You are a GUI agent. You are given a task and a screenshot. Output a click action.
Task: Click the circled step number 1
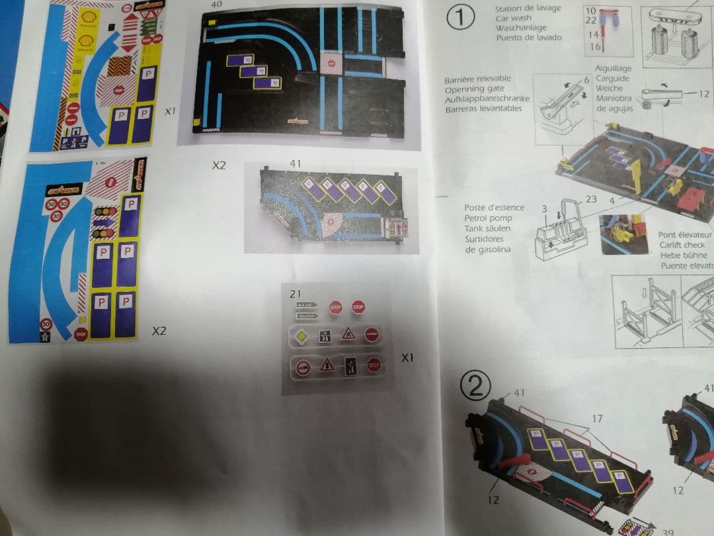460,19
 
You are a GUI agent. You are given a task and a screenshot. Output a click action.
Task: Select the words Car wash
512,19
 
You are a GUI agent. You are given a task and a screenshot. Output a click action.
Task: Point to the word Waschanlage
522,28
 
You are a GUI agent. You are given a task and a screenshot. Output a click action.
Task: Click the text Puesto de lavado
529,38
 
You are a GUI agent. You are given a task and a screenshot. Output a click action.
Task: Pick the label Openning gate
477,89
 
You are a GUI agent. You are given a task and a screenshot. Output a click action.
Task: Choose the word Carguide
612,78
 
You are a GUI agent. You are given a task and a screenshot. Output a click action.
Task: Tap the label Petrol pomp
488,218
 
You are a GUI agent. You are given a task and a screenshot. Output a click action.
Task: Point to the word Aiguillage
613,68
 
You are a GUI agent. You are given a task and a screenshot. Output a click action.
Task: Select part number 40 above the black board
217,4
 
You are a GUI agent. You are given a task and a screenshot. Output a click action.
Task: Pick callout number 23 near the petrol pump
591,199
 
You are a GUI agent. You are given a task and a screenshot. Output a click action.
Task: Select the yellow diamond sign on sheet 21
303,335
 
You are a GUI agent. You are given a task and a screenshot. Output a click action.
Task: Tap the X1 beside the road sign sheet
407,357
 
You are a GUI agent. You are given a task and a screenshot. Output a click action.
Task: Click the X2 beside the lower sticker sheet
159,330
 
